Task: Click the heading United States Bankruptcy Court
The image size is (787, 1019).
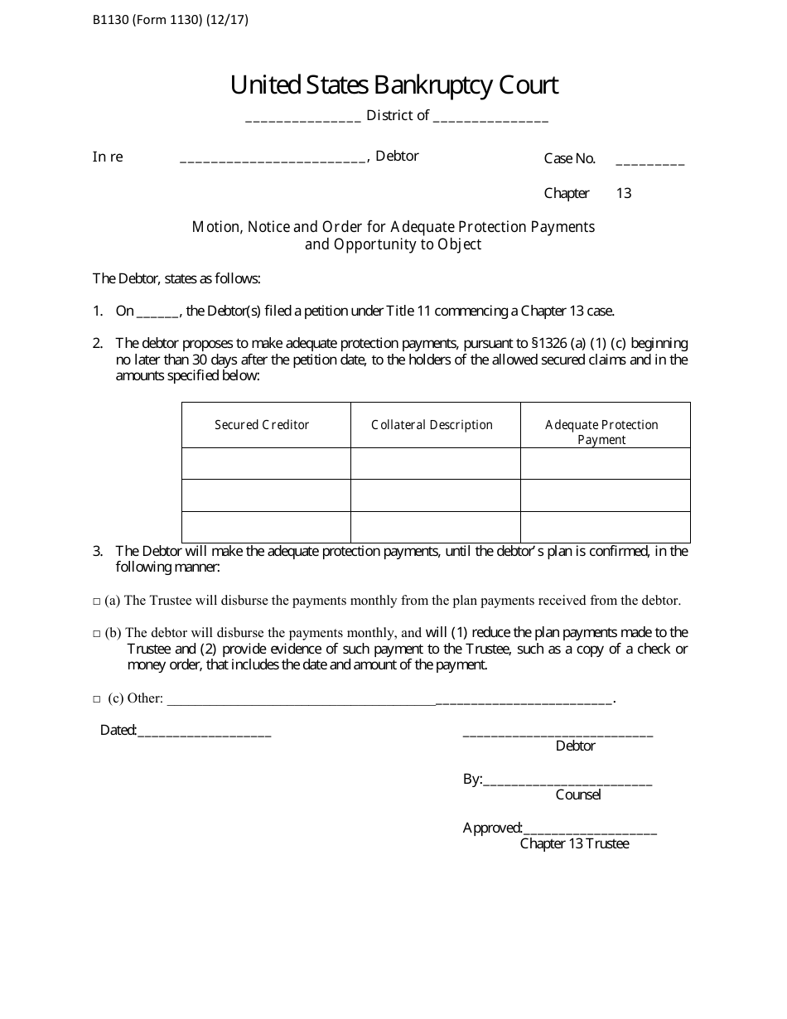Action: click(x=394, y=85)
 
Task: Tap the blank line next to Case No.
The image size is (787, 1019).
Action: click(x=650, y=162)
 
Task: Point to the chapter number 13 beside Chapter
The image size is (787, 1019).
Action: click(x=624, y=193)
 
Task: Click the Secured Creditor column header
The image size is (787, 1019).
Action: click(x=262, y=425)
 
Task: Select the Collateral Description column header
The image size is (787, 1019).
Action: click(x=432, y=425)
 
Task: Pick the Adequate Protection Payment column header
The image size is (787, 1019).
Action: click(x=601, y=432)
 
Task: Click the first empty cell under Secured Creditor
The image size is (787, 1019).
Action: click(x=266, y=463)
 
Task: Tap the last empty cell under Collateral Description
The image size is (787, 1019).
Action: click(x=435, y=527)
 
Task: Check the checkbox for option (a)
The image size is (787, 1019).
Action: click(x=97, y=601)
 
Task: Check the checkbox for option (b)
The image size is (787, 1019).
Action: click(x=97, y=634)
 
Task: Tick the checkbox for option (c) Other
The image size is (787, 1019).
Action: click(x=97, y=699)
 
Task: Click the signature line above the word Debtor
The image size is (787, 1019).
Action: click(x=558, y=733)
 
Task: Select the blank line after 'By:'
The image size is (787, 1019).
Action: click(x=567, y=782)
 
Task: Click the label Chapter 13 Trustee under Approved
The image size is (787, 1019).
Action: click(x=574, y=843)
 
